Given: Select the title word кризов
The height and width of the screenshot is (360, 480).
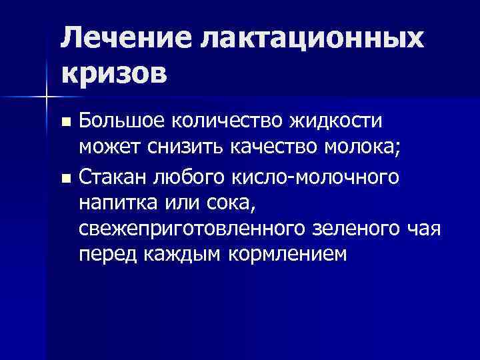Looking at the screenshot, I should (x=113, y=73).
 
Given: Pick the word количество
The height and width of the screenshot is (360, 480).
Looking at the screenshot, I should (x=222, y=121).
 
